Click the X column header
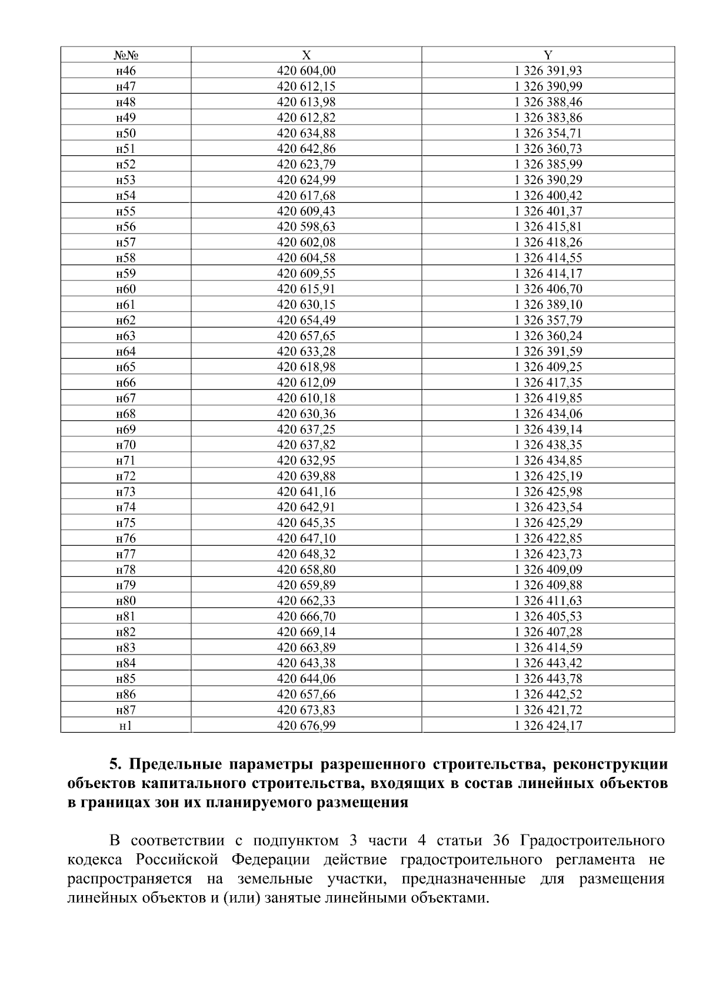306,55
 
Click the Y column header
548,55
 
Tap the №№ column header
126,55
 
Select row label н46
126,71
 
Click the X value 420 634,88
306,133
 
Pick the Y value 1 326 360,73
548,149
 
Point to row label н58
126,258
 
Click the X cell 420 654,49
306,320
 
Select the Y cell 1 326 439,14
548,429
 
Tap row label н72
126,476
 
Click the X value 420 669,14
306,632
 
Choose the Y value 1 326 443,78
548,679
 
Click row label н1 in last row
126,725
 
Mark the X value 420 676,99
306,725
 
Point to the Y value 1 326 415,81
548,226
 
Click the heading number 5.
114,765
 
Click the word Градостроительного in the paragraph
593,840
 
